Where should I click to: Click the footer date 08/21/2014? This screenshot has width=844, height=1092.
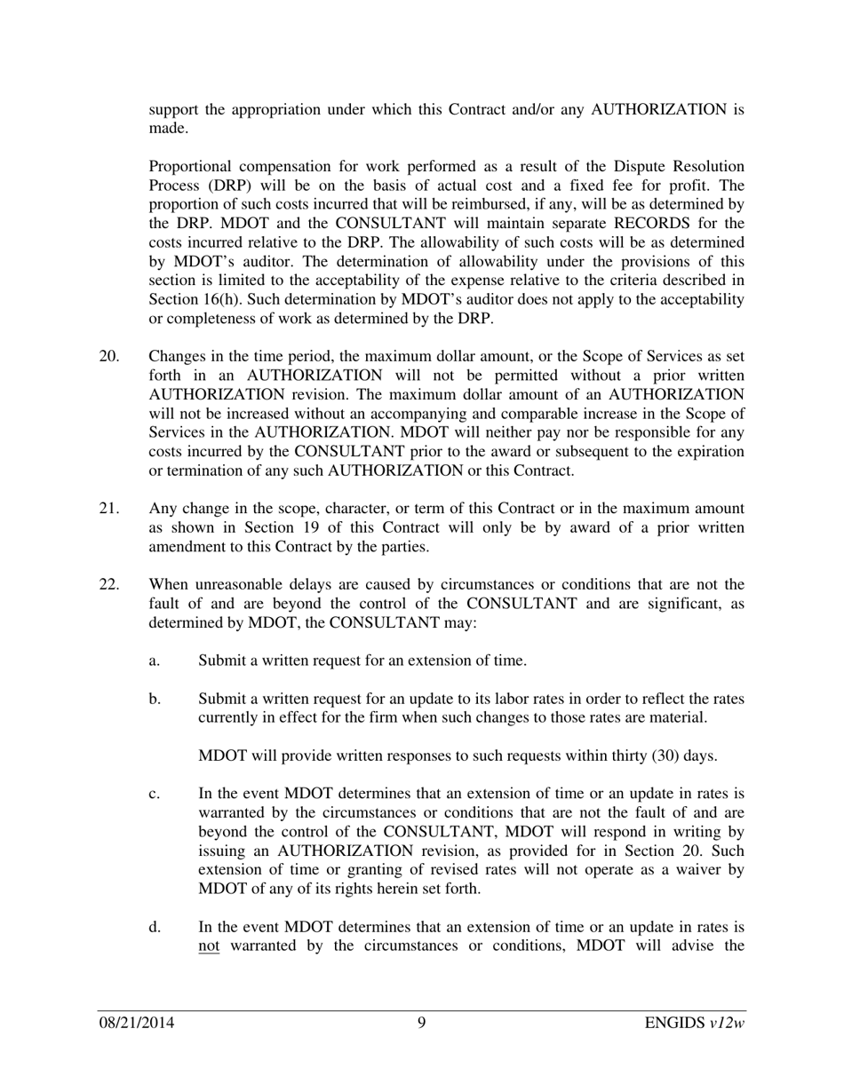[x=136, y=1023]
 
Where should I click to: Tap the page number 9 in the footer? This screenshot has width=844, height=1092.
[x=422, y=1023]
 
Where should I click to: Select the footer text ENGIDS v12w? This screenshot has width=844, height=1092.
[x=695, y=1023]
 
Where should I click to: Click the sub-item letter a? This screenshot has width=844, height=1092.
[x=155, y=661]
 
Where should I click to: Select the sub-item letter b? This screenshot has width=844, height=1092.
[x=155, y=699]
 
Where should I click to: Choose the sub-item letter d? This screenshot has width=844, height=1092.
[x=155, y=927]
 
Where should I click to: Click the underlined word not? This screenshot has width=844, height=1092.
[x=209, y=946]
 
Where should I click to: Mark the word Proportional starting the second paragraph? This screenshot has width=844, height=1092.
[x=191, y=167]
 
